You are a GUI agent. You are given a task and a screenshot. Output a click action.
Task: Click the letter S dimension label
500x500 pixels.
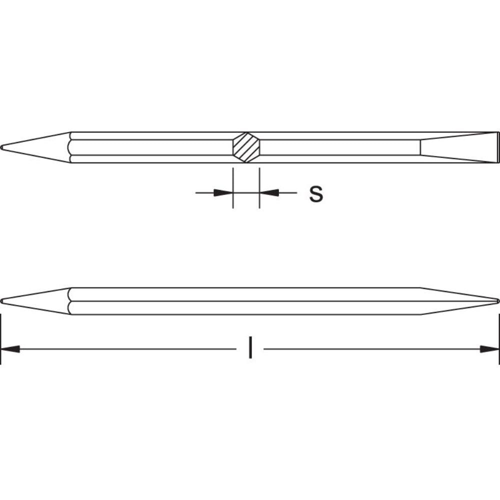pos(315,194)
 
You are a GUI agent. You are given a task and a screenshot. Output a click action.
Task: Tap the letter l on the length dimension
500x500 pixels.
pos(250,348)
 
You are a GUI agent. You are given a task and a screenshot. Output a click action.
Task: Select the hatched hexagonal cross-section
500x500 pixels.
pos(246,147)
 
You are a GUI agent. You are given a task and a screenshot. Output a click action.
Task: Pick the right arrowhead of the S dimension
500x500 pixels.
pos(269,192)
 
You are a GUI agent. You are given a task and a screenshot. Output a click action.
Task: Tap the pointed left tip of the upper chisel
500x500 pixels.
pos(3,147)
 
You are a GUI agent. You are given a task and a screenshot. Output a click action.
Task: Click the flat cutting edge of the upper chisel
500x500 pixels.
pos(498,147)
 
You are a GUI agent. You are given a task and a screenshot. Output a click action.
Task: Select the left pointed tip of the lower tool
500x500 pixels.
pos(3,301)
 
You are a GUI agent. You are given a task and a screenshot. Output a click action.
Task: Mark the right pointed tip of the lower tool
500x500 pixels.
pos(497,301)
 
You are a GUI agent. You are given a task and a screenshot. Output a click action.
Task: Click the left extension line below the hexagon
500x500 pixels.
pos(233,187)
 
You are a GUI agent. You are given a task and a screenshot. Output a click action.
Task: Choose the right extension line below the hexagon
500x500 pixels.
pos(259,187)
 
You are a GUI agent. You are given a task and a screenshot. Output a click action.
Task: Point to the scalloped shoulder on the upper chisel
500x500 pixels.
pos(71,147)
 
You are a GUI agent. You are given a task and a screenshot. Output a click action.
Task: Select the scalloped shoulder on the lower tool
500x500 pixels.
pos(71,301)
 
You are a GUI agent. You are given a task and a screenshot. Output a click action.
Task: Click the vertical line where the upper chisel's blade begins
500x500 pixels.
pos(420,147)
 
